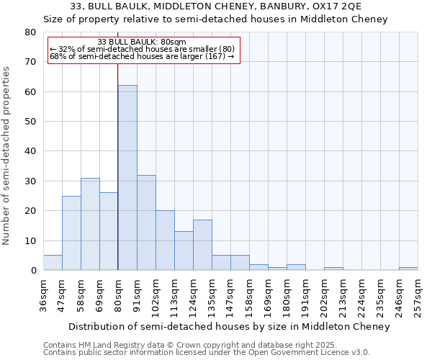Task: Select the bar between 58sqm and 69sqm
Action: pyautogui.click(x=90, y=224)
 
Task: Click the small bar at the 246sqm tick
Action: pyautogui.click(x=408, y=269)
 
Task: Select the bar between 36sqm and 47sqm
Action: pyautogui.click(x=53, y=263)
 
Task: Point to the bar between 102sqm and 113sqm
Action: pyautogui.click(x=165, y=240)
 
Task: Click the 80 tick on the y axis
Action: pyautogui.click(x=30, y=32)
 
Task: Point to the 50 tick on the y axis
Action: pyautogui.click(x=30, y=122)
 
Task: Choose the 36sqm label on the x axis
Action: pyautogui.click(x=44, y=294)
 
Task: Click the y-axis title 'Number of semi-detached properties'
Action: pyautogui.click(x=6, y=155)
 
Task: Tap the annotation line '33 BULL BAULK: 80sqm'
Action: pyautogui.click(x=142, y=42)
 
